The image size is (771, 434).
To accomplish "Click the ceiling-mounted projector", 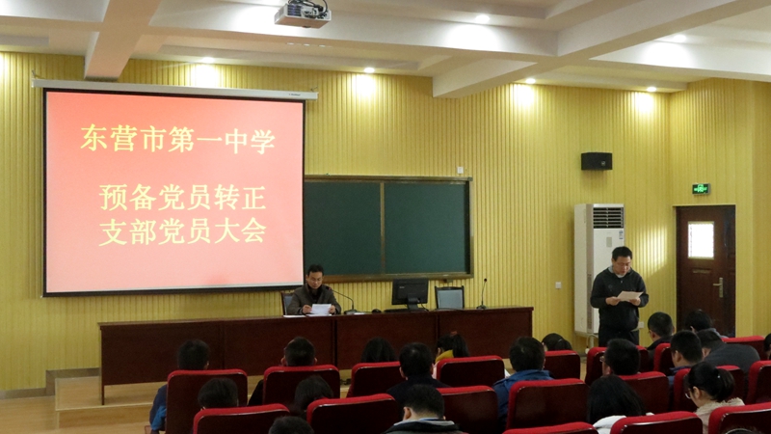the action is point(303,14).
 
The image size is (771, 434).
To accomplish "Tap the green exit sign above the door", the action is point(701,188).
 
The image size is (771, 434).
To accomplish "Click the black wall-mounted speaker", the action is point(597,161).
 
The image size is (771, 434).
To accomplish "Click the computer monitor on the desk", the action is point(411,294).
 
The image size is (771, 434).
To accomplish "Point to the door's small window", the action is point(701,240).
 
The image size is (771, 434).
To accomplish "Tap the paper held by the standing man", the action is point(629,296).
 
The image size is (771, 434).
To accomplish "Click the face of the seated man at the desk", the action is point(315,279).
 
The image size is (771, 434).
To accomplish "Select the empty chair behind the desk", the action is point(449,298).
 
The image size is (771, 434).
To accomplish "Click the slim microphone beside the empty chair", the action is point(483,294).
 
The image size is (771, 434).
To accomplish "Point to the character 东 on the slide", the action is point(93,139).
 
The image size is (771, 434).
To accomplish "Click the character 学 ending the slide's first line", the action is point(262,141).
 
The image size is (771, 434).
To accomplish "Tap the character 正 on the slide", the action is point(253,198).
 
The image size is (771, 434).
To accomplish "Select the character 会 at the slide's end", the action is point(253,231).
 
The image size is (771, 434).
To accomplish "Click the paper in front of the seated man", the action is point(320,310).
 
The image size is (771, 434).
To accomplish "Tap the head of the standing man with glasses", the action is point(622,259).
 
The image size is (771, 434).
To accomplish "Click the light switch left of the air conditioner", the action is point(559,285).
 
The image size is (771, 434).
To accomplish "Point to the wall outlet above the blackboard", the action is point(460,171).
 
